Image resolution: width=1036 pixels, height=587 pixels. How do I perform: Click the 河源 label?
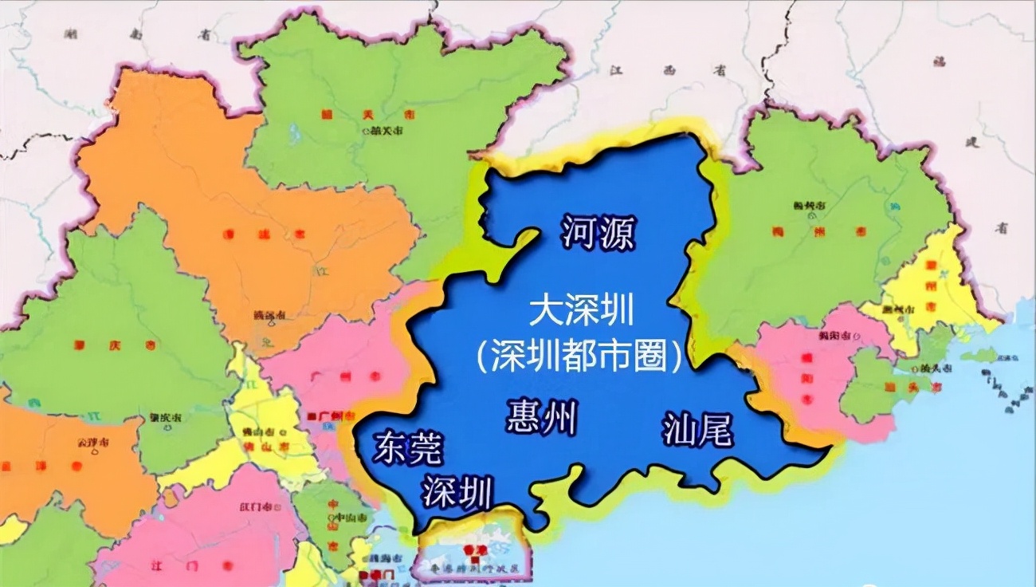[599, 232]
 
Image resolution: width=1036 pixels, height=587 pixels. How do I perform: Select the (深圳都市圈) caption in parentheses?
[581, 357]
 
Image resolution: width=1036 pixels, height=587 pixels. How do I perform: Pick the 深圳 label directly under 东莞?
[457, 491]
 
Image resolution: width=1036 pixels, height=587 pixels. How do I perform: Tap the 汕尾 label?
[697, 431]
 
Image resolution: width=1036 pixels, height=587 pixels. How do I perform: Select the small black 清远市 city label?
[269, 315]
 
